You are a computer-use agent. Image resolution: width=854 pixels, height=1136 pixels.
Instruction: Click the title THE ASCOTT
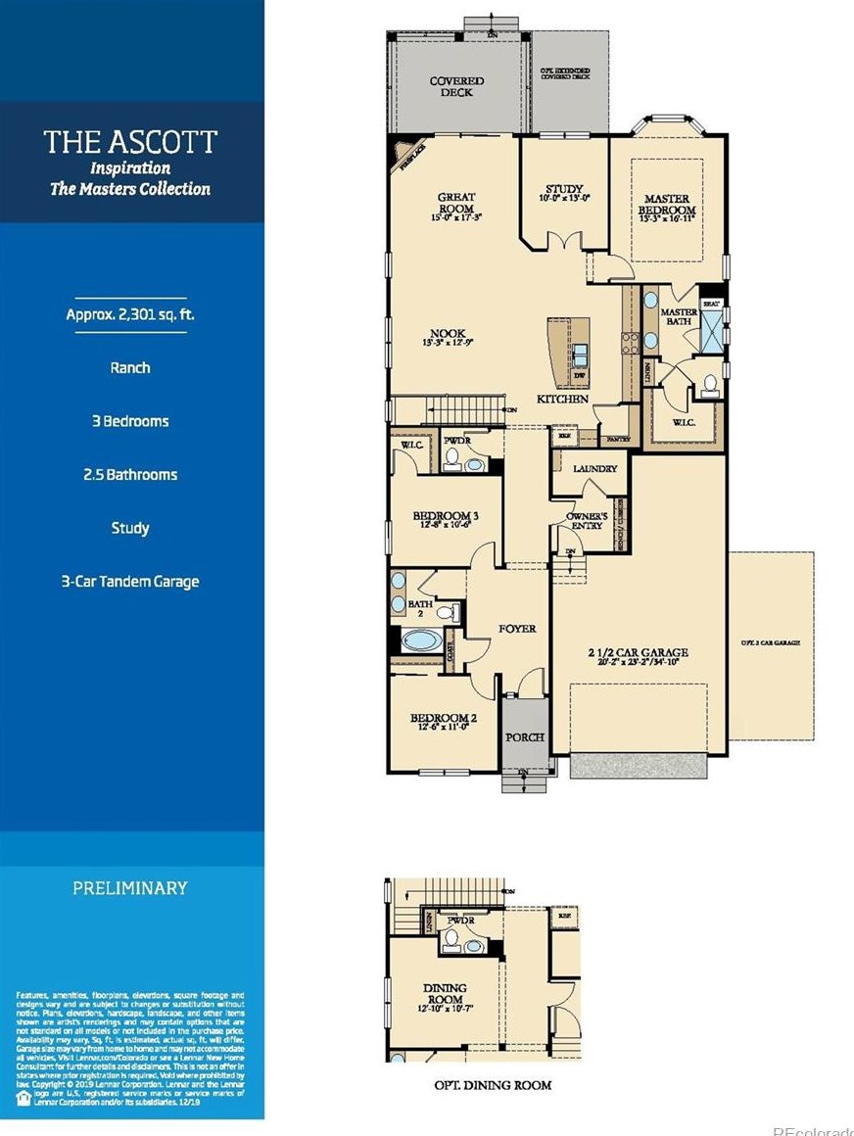point(130,142)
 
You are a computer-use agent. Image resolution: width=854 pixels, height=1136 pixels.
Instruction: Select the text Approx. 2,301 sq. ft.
point(130,314)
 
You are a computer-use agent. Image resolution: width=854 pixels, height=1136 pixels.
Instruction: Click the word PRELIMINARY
point(130,888)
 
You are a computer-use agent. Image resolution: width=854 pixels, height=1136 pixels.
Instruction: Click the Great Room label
point(456,203)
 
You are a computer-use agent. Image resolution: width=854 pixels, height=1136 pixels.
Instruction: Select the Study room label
point(564,193)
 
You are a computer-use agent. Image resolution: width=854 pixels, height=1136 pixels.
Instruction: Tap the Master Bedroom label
point(667,210)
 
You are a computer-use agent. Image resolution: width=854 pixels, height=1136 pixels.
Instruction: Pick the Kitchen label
point(562,400)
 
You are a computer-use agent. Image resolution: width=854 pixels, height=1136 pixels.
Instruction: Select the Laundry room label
point(595,469)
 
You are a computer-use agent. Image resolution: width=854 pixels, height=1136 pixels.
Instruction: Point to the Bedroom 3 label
point(445,520)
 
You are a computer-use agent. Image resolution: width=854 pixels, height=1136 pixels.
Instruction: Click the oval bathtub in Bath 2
point(421,642)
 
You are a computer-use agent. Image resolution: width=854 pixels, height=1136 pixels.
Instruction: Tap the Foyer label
point(516,628)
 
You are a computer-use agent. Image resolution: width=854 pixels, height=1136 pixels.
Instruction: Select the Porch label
point(524,737)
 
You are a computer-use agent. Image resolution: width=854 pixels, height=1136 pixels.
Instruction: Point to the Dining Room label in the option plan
point(445,993)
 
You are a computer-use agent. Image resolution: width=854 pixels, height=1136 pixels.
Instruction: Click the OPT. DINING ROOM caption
point(493,1085)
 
